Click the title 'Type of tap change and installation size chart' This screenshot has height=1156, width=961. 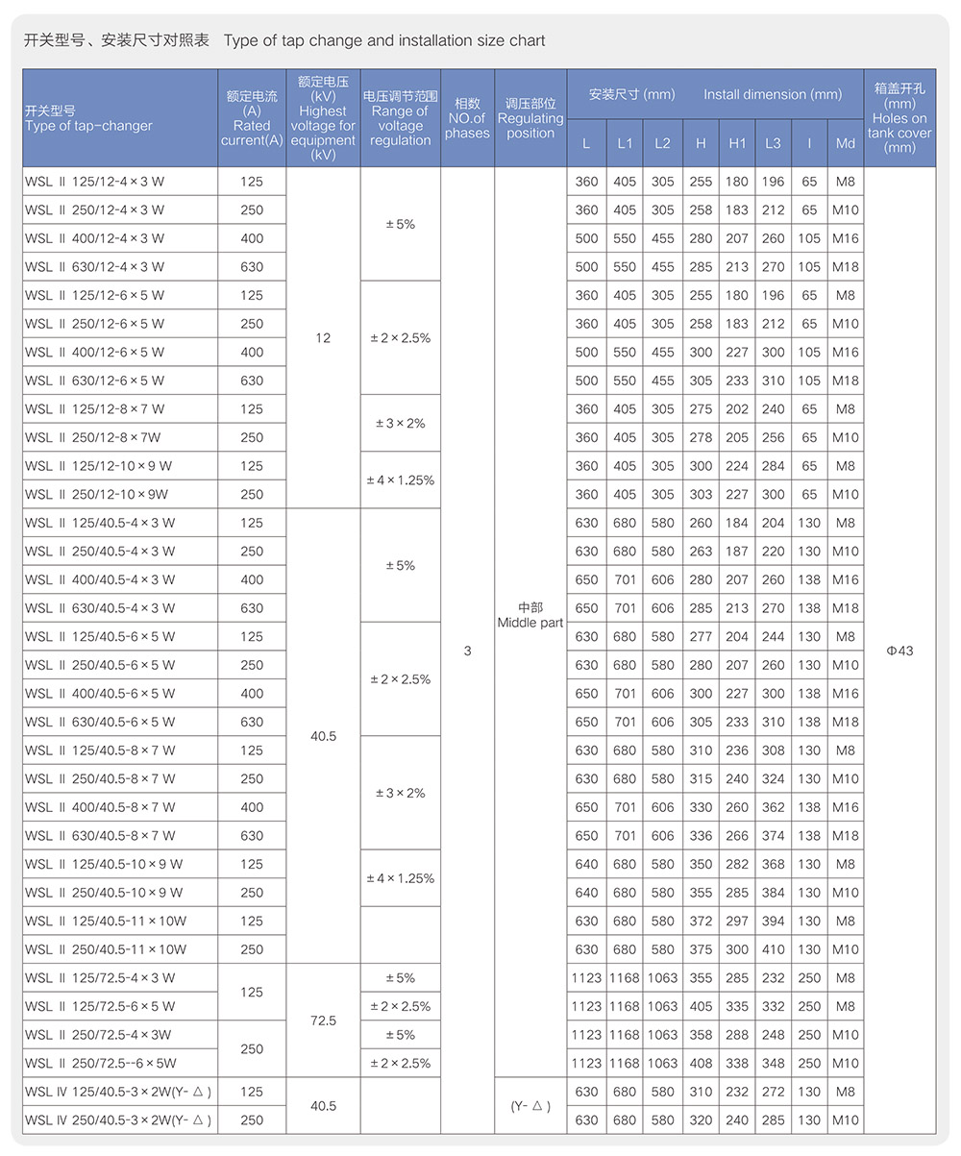(x=384, y=40)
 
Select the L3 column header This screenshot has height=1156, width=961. (x=774, y=143)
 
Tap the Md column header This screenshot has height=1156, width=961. (x=846, y=143)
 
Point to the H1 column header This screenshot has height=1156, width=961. (x=737, y=143)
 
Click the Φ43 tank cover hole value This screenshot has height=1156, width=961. (x=899, y=651)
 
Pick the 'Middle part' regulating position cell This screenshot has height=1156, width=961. (x=530, y=615)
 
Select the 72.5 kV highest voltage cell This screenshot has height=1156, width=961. (x=323, y=1021)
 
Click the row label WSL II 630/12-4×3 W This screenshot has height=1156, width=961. (x=95, y=267)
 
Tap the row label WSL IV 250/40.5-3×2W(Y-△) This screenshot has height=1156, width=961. (x=118, y=1120)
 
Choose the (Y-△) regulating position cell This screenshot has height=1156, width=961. (x=530, y=1106)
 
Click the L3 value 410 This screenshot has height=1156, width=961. (x=774, y=949)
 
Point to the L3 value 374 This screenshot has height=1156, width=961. (x=774, y=836)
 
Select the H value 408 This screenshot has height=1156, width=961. (x=702, y=1064)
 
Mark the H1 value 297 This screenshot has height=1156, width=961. (x=737, y=922)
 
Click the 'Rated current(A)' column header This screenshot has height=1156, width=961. (x=252, y=118)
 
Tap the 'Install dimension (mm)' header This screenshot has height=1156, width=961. (x=773, y=94)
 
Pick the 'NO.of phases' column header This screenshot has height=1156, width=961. (x=468, y=118)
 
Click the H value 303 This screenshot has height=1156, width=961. (x=702, y=495)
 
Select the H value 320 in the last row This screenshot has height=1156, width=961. (x=702, y=1120)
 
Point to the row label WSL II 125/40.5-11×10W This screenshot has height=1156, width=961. (x=106, y=922)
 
